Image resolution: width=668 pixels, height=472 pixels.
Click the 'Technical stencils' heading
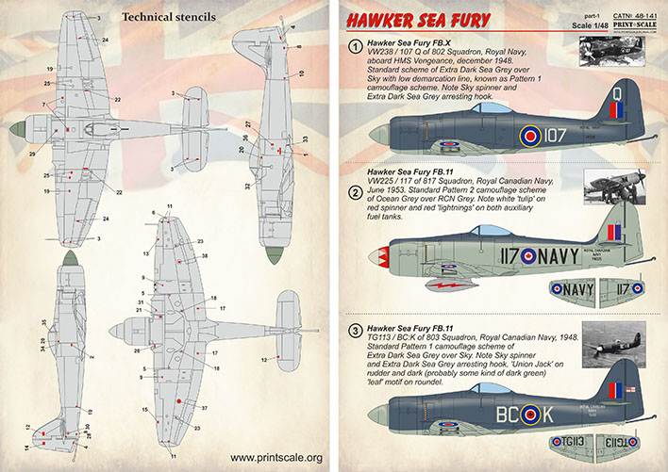click(x=175, y=18)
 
